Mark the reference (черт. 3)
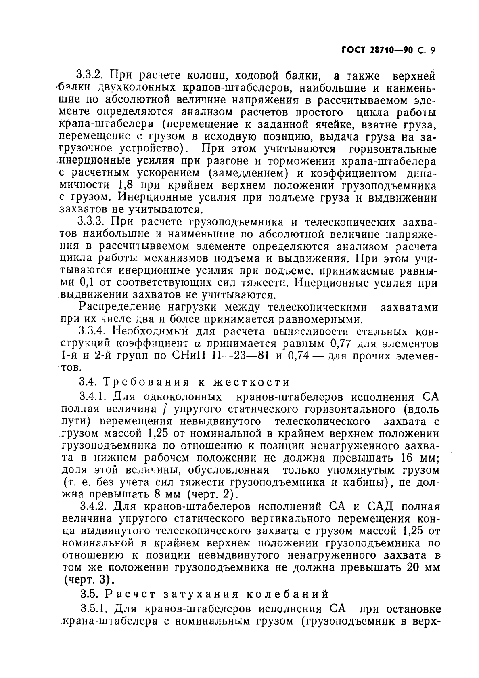86,580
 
